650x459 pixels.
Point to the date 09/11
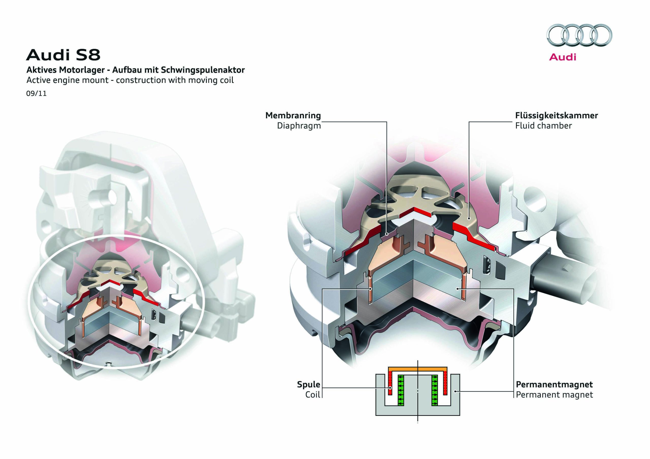click(x=36, y=93)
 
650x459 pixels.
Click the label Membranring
click(x=293, y=115)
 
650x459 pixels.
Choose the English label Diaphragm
click(x=299, y=126)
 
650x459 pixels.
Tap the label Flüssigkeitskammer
click(x=556, y=115)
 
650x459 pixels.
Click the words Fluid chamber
click(x=543, y=126)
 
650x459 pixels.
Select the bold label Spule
click(x=308, y=384)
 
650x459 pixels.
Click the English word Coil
click(x=312, y=395)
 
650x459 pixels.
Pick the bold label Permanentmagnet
click(x=554, y=384)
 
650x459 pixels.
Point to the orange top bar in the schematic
click(x=418, y=369)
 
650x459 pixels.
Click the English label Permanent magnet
click(x=554, y=395)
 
